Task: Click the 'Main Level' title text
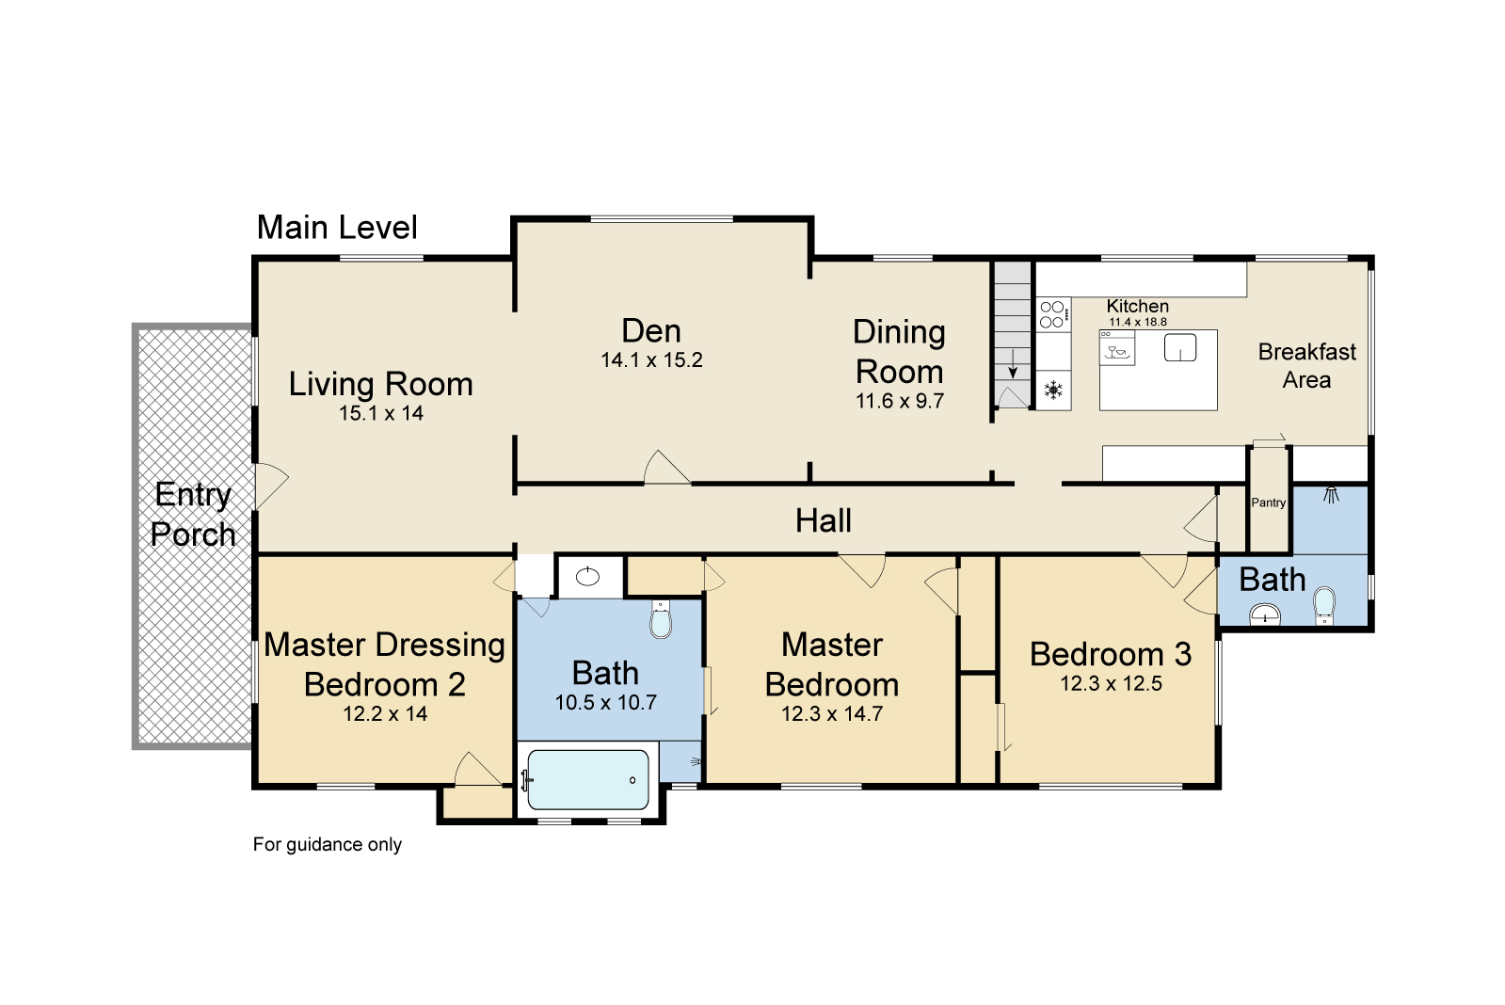337,227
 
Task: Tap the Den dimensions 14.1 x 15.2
651,360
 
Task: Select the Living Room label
381,384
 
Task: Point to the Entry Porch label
193,515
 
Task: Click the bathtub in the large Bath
588,779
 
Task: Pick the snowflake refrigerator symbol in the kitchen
1053,391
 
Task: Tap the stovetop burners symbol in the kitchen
1053,314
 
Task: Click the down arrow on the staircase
1013,372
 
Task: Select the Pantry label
1268,502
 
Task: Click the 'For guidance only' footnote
328,844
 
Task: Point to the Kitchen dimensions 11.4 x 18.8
1138,322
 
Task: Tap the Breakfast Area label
1306,365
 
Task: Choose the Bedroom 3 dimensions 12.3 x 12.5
1111,684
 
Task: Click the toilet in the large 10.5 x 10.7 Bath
661,619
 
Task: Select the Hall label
823,520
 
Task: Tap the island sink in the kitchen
1180,348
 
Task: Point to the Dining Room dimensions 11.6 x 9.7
900,401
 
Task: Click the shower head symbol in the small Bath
1331,495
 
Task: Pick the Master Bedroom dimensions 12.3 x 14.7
832,713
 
